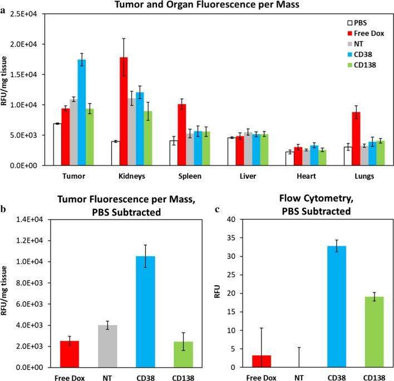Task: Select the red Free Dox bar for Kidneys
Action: point(124,111)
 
